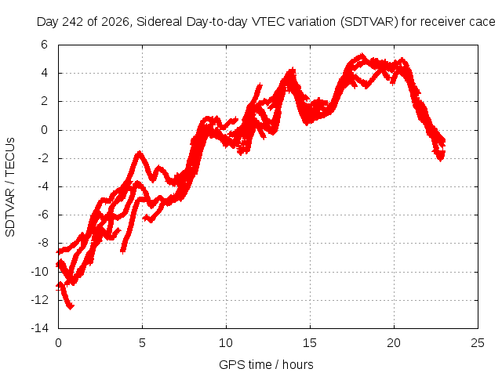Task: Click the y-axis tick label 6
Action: [44, 45]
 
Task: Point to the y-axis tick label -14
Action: [40, 328]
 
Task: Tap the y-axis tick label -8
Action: [43, 243]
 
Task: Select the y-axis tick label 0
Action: [44, 130]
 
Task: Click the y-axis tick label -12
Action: [40, 299]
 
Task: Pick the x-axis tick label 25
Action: [478, 343]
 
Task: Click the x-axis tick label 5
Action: [142, 343]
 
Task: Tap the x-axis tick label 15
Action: [310, 343]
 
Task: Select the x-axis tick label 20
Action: [394, 343]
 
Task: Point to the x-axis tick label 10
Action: [226, 343]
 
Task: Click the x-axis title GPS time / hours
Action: [266, 364]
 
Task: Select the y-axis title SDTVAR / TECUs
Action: [10, 187]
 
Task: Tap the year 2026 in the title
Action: [115, 22]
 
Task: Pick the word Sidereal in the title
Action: [159, 22]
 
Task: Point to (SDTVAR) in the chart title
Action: [369, 22]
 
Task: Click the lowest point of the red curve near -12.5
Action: [71, 308]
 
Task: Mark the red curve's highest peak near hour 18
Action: [362, 54]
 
